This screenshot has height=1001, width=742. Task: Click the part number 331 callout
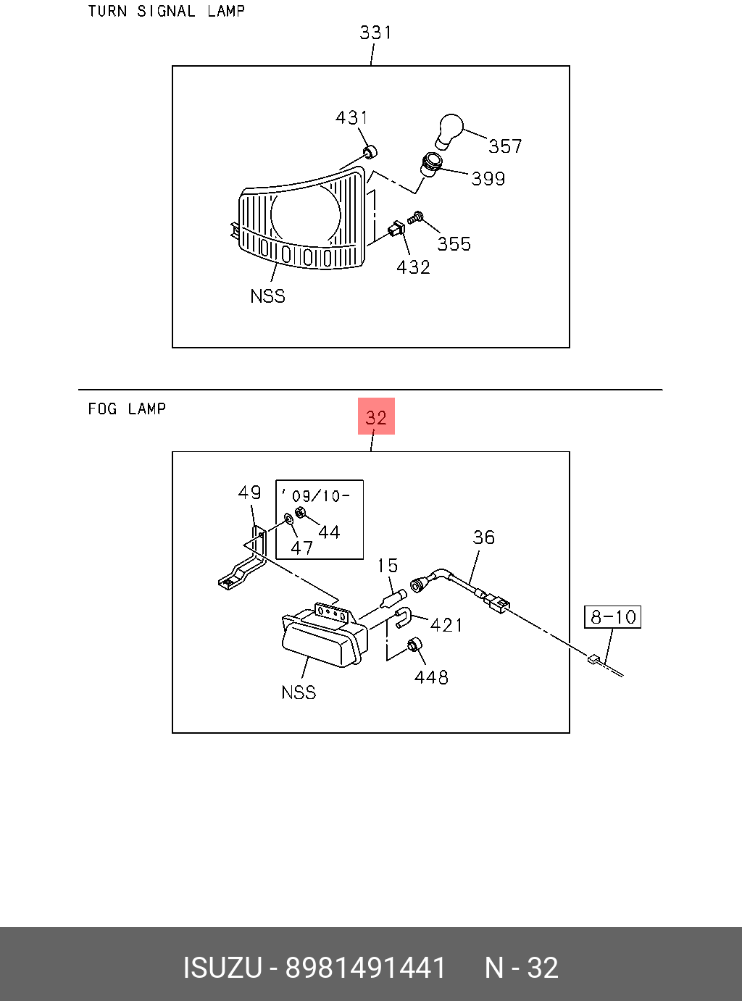[375, 33]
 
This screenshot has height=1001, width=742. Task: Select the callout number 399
[488, 179]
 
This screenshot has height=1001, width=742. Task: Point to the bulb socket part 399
[432, 164]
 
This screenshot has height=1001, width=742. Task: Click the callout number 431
[351, 117]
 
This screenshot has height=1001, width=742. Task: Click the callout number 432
[413, 267]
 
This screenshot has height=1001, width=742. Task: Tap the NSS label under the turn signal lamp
[267, 296]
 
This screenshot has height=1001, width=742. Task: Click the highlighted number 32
[376, 416]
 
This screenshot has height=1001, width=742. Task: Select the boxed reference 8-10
[613, 617]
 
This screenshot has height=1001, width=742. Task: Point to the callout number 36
[483, 537]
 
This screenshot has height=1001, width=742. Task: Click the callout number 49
[249, 493]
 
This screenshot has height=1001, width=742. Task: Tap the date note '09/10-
[317, 496]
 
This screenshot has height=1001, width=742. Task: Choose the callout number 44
[329, 532]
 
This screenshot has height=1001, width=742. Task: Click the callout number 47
[301, 548]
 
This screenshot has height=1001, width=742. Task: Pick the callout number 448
[431, 677]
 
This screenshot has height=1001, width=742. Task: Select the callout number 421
[446, 624]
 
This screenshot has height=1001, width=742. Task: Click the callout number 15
[388, 566]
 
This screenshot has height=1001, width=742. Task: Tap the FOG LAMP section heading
[127, 409]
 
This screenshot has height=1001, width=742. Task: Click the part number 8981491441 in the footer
[365, 968]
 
